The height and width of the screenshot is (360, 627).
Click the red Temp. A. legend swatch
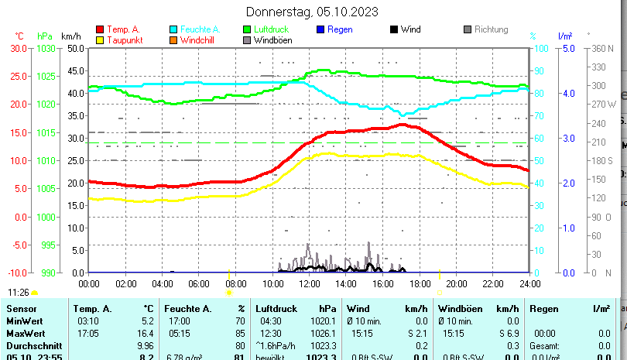(x=100, y=29)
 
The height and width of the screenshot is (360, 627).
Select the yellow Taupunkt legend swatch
(x=100, y=39)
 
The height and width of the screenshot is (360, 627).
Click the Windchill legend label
(x=198, y=39)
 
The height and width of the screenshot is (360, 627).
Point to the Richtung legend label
(x=491, y=29)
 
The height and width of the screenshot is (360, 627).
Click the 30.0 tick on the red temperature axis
(x=18, y=48)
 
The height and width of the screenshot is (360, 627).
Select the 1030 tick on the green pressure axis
(x=46, y=48)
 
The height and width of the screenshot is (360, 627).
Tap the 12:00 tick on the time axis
(x=310, y=284)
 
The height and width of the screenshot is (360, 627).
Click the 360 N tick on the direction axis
(x=601, y=48)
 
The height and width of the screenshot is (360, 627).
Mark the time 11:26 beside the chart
(x=19, y=293)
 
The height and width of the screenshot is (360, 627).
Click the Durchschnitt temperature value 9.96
(x=145, y=345)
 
